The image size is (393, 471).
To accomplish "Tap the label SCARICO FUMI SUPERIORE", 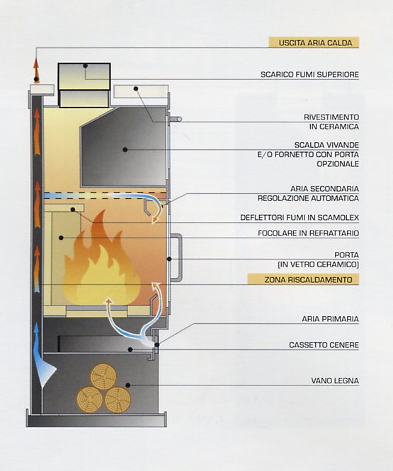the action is pyautogui.click(x=309, y=74).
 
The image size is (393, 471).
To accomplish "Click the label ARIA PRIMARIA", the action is pyautogui.click(x=330, y=319).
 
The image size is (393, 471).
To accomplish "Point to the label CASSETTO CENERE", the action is pyautogui.click(x=324, y=345).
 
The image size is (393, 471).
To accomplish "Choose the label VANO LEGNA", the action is pyautogui.click(x=335, y=380).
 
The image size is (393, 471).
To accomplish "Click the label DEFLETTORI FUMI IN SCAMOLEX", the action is pyautogui.click(x=300, y=217).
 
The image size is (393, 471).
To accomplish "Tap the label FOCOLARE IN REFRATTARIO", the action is pyautogui.click(x=309, y=233).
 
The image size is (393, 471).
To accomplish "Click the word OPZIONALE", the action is pyautogui.click(x=338, y=164).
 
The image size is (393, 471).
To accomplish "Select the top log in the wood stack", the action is pyautogui.click(x=103, y=376).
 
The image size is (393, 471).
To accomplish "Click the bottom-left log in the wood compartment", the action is pyautogui.click(x=90, y=400).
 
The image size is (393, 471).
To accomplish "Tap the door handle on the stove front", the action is pyautogui.click(x=176, y=257).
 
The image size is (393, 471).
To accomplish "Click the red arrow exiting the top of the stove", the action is pyautogui.click(x=36, y=70).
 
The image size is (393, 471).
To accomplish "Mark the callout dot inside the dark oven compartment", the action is pyautogui.click(x=125, y=149).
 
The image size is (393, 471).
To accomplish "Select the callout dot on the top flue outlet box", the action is pyautogui.click(x=86, y=65).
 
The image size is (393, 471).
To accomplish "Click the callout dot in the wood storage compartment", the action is pyautogui.click(x=127, y=385).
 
